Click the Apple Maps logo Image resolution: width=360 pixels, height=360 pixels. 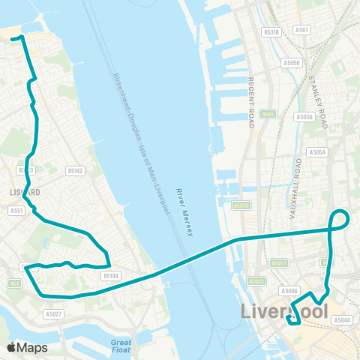click(27, 347)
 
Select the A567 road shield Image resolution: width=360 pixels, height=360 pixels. click(301, 30)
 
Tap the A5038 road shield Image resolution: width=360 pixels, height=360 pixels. click(304, 117)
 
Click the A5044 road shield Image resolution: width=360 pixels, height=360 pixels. click(341, 320)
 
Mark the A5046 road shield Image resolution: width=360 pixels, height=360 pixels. click(289, 290)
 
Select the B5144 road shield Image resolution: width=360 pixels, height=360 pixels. click(111, 276)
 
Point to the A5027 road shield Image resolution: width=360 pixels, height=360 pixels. click(52, 314)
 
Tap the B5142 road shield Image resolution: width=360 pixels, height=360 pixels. click(74, 171)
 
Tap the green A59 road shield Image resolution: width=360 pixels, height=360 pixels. click(15, 283)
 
